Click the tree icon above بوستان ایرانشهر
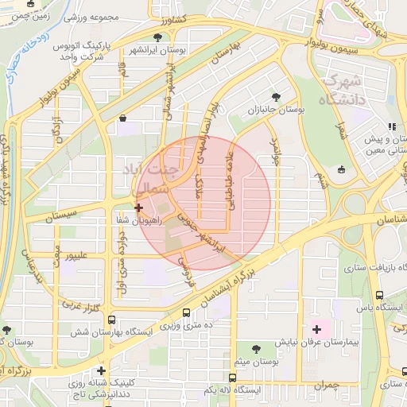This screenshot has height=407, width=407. click(160, 37)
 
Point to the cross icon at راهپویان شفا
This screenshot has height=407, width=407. click(139, 207)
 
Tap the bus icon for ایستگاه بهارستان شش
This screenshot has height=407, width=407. click(111, 320)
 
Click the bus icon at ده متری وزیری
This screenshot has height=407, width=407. click(186, 313)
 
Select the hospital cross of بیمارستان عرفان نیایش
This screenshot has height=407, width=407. click(316, 328)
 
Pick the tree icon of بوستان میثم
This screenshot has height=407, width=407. click(256, 348)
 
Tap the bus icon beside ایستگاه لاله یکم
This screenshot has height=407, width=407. click(231, 378)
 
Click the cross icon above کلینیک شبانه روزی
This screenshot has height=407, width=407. click(101, 370)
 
